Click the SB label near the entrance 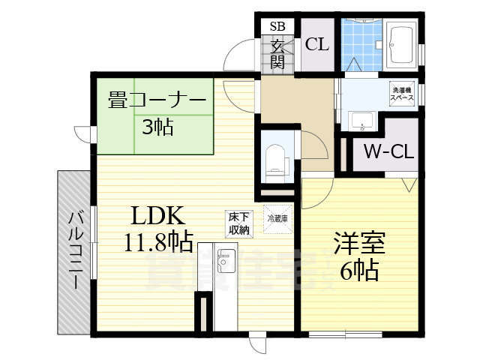(x=277, y=25)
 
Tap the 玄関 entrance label (x=277, y=55)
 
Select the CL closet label (x=316, y=44)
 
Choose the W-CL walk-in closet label (x=388, y=152)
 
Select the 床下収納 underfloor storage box (x=239, y=223)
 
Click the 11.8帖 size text (x=159, y=241)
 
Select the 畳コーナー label (x=157, y=100)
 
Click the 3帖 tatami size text (x=157, y=127)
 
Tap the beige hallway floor (x=296, y=105)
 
